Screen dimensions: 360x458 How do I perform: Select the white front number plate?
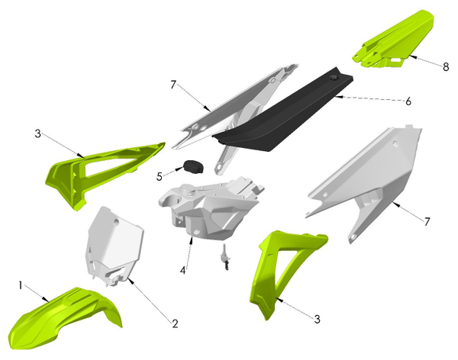tap(107, 248)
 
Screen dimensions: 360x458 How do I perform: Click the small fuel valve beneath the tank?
tap(226, 259)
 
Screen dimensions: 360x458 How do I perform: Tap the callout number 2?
tap(175, 324)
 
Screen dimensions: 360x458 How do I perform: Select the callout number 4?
tap(182, 270)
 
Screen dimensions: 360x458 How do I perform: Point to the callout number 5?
tap(160, 177)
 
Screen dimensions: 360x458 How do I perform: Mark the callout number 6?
tap(408, 101)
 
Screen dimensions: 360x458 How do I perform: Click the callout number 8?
tap(446, 66)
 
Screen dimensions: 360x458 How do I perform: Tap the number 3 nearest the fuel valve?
tap(315, 318)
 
